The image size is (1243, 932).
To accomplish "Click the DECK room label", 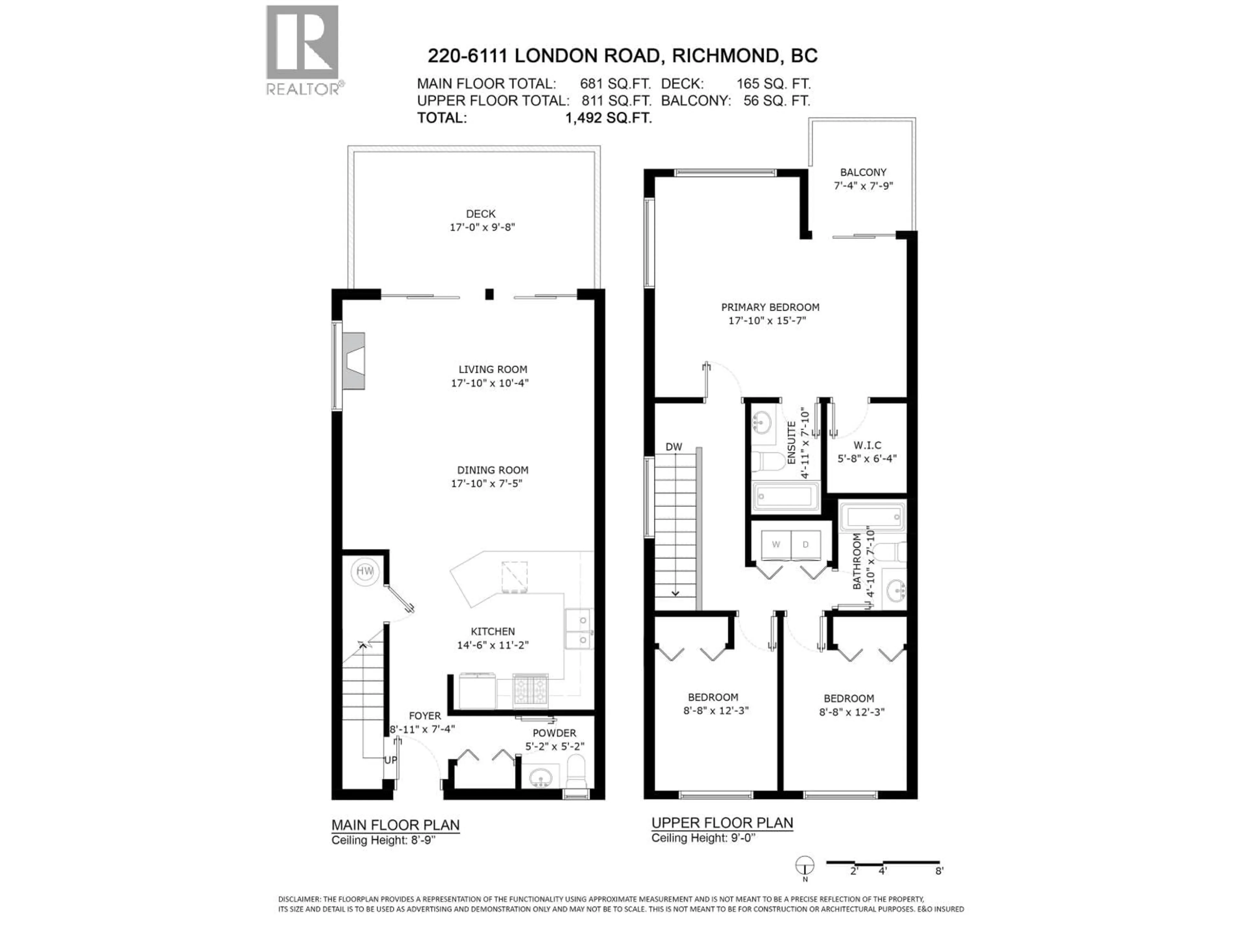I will pyautogui.click(x=480, y=214).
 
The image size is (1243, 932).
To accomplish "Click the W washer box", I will pyautogui.click(x=776, y=544).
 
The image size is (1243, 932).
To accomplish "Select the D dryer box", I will pyautogui.click(x=805, y=544).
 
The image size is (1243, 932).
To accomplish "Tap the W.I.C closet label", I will pyautogui.click(x=867, y=445).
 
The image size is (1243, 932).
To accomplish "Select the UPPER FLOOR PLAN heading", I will pyautogui.click(x=722, y=823).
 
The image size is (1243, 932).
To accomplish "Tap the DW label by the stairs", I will pyautogui.click(x=673, y=447).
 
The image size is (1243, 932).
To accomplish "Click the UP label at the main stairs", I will pyautogui.click(x=390, y=760).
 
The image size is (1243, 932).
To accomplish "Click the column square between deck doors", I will pyautogui.click(x=489, y=294).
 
